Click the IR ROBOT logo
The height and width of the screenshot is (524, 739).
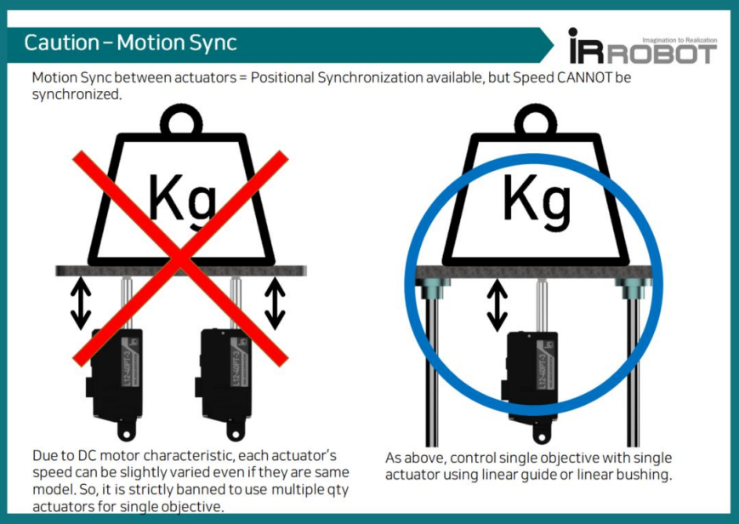(643, 46)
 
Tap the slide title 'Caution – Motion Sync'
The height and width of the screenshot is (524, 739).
(131, 43)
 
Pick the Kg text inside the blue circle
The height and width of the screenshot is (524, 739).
(537, 199)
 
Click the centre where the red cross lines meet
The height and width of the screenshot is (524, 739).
(180, 259)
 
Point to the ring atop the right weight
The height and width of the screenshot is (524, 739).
(536, 122)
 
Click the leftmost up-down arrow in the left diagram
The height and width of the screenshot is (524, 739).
(81, 304)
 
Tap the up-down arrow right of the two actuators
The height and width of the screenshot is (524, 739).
(275, 304)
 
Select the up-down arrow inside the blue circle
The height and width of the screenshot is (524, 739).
(497, 305)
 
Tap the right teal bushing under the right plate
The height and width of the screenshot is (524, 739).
(633, 288)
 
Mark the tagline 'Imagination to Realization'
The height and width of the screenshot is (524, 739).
(679, 41)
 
